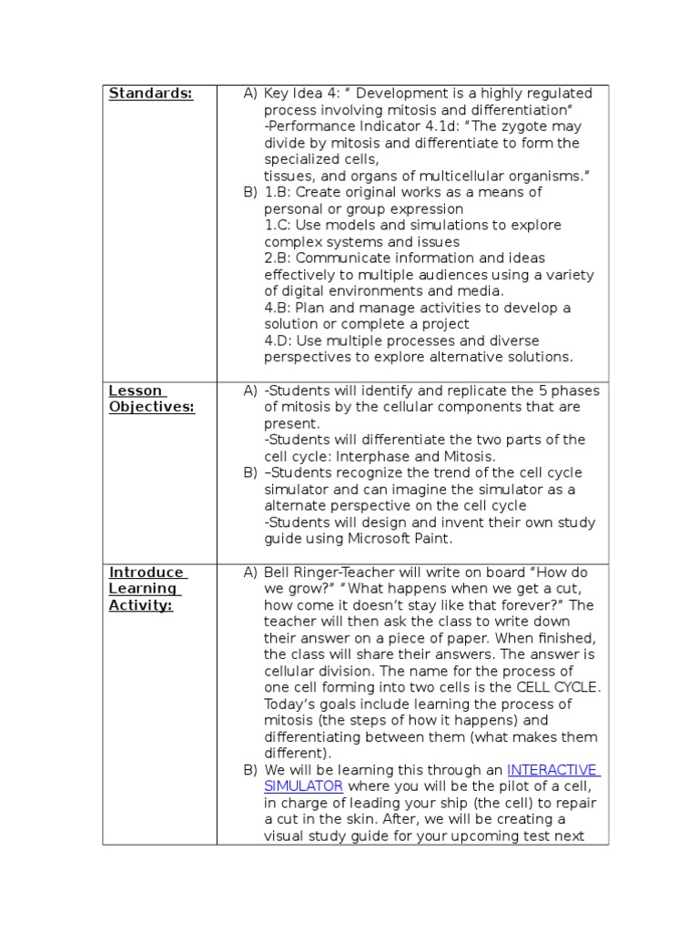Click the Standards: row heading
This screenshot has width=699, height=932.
click(x=150, y=94)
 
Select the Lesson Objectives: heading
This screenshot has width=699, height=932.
click(x=152, y=399)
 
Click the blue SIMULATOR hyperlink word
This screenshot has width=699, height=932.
click(x=303, y=786)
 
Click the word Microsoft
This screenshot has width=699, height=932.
click(x=385, y=539)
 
